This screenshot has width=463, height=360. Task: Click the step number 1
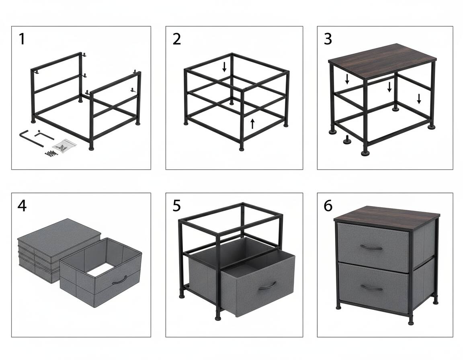(x=22, y=39)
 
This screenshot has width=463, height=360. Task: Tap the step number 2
(x=176, y=39)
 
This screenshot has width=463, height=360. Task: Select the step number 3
(x=328, y=39)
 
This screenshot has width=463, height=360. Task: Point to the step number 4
(x=22, y=206)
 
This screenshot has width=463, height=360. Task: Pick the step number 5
(x=176, y=206)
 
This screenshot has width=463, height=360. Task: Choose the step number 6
(x=328, y=206)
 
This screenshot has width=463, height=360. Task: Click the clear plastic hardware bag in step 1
(x=64, y=146)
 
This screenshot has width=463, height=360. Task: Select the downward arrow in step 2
(x=224, y=67)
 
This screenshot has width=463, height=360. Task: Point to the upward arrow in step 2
(x=252, y=124)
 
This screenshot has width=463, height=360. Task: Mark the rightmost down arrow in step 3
(x=419, y=98)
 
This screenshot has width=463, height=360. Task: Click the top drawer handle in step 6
(x=371, y=247)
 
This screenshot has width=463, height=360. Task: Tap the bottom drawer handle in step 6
(x=371, y=288)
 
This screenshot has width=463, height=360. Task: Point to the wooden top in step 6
(x=387, y=218)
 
